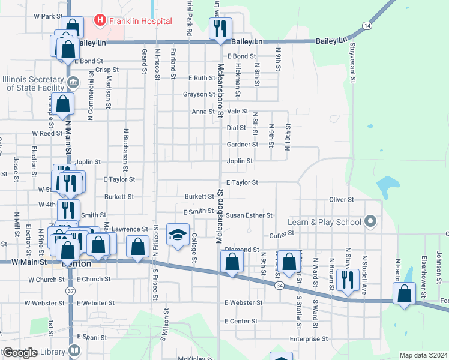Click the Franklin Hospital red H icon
click(x=100, y=21)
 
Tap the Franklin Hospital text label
click(x=140, y=21)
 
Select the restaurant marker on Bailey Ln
click(x=220, y=28)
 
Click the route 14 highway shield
click(x=366, y=26)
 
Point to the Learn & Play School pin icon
click(x=370, y=222)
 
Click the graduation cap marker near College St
click(x=178, y=235)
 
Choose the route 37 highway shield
click(x=71, y=291)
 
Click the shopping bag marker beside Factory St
click(x=405, y=294)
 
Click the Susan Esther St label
click(x=249, y=215)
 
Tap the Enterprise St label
click(x=309, y=339)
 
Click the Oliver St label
click(x=342, y=199)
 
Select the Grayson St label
click(x=199, y=94)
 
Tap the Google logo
click(x=19, y=353)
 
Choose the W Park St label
click(x=48, y=16)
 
